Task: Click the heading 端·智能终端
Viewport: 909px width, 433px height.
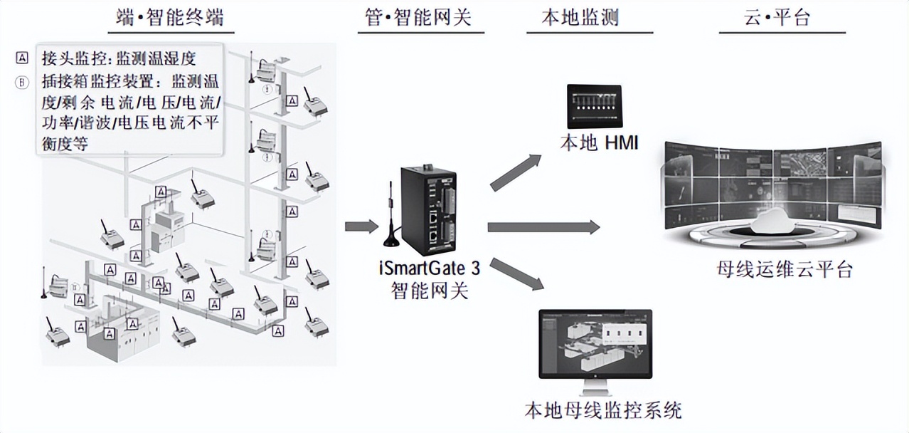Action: tap(170, 16)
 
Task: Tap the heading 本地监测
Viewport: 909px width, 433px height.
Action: tap(573, 16)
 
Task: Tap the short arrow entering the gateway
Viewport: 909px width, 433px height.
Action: tap(361, 226)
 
